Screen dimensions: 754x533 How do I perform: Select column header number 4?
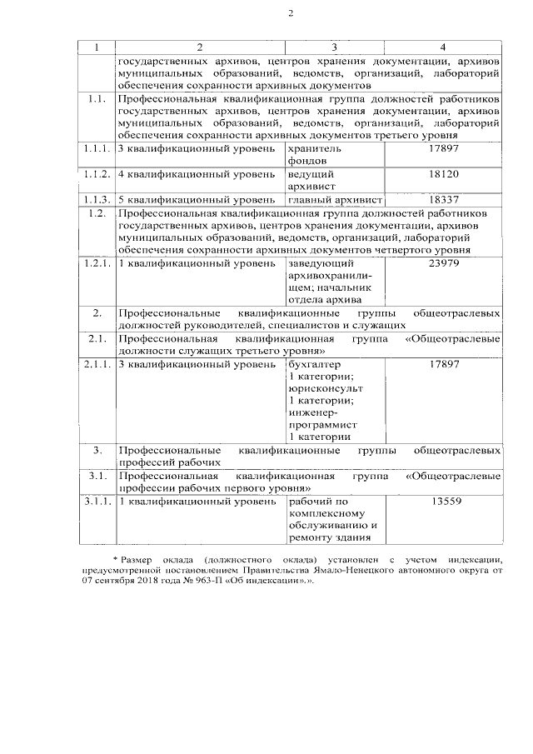442,46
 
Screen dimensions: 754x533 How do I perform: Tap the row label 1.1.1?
97,147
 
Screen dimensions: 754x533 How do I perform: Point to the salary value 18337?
443,200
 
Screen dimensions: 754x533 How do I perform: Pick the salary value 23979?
443,263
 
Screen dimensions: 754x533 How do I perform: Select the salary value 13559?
443,502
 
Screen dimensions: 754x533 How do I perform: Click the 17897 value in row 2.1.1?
443,364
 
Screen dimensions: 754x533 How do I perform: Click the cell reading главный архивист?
334,200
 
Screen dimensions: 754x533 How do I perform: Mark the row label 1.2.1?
97,263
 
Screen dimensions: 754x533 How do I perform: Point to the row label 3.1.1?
97,502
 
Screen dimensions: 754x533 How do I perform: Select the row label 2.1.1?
97,364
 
